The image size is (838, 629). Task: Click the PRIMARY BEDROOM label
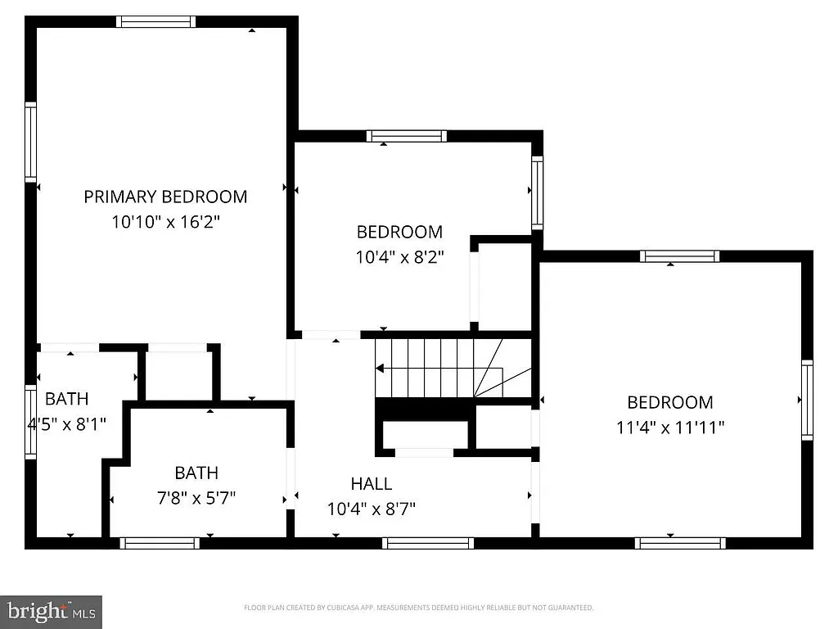coord(165,197)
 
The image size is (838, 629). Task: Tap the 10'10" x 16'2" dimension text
coord(165,221)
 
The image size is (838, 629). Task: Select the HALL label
coord(372,483)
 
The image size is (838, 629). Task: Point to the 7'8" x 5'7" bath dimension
coord(196,498)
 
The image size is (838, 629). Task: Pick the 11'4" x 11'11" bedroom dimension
coord(669,428)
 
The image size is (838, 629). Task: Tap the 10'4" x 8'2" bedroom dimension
coord(399,256)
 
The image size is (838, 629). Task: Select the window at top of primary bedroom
coord(155,22)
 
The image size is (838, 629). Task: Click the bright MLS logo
coord(51,611)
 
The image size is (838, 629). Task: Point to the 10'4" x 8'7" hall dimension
coord(372,509)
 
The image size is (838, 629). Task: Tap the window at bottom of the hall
coord(427,542)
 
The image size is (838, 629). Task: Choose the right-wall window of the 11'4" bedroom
coord(807,399)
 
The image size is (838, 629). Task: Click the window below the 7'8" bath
coord(160,542)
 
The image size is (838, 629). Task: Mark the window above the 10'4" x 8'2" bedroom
coord(406,136)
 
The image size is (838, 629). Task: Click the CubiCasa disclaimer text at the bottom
coord(418,608)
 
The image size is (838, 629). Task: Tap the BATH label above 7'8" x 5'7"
coord(196,473)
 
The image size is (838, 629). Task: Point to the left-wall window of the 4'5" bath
coord(30,421)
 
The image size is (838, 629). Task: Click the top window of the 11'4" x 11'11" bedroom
coord(679,256)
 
